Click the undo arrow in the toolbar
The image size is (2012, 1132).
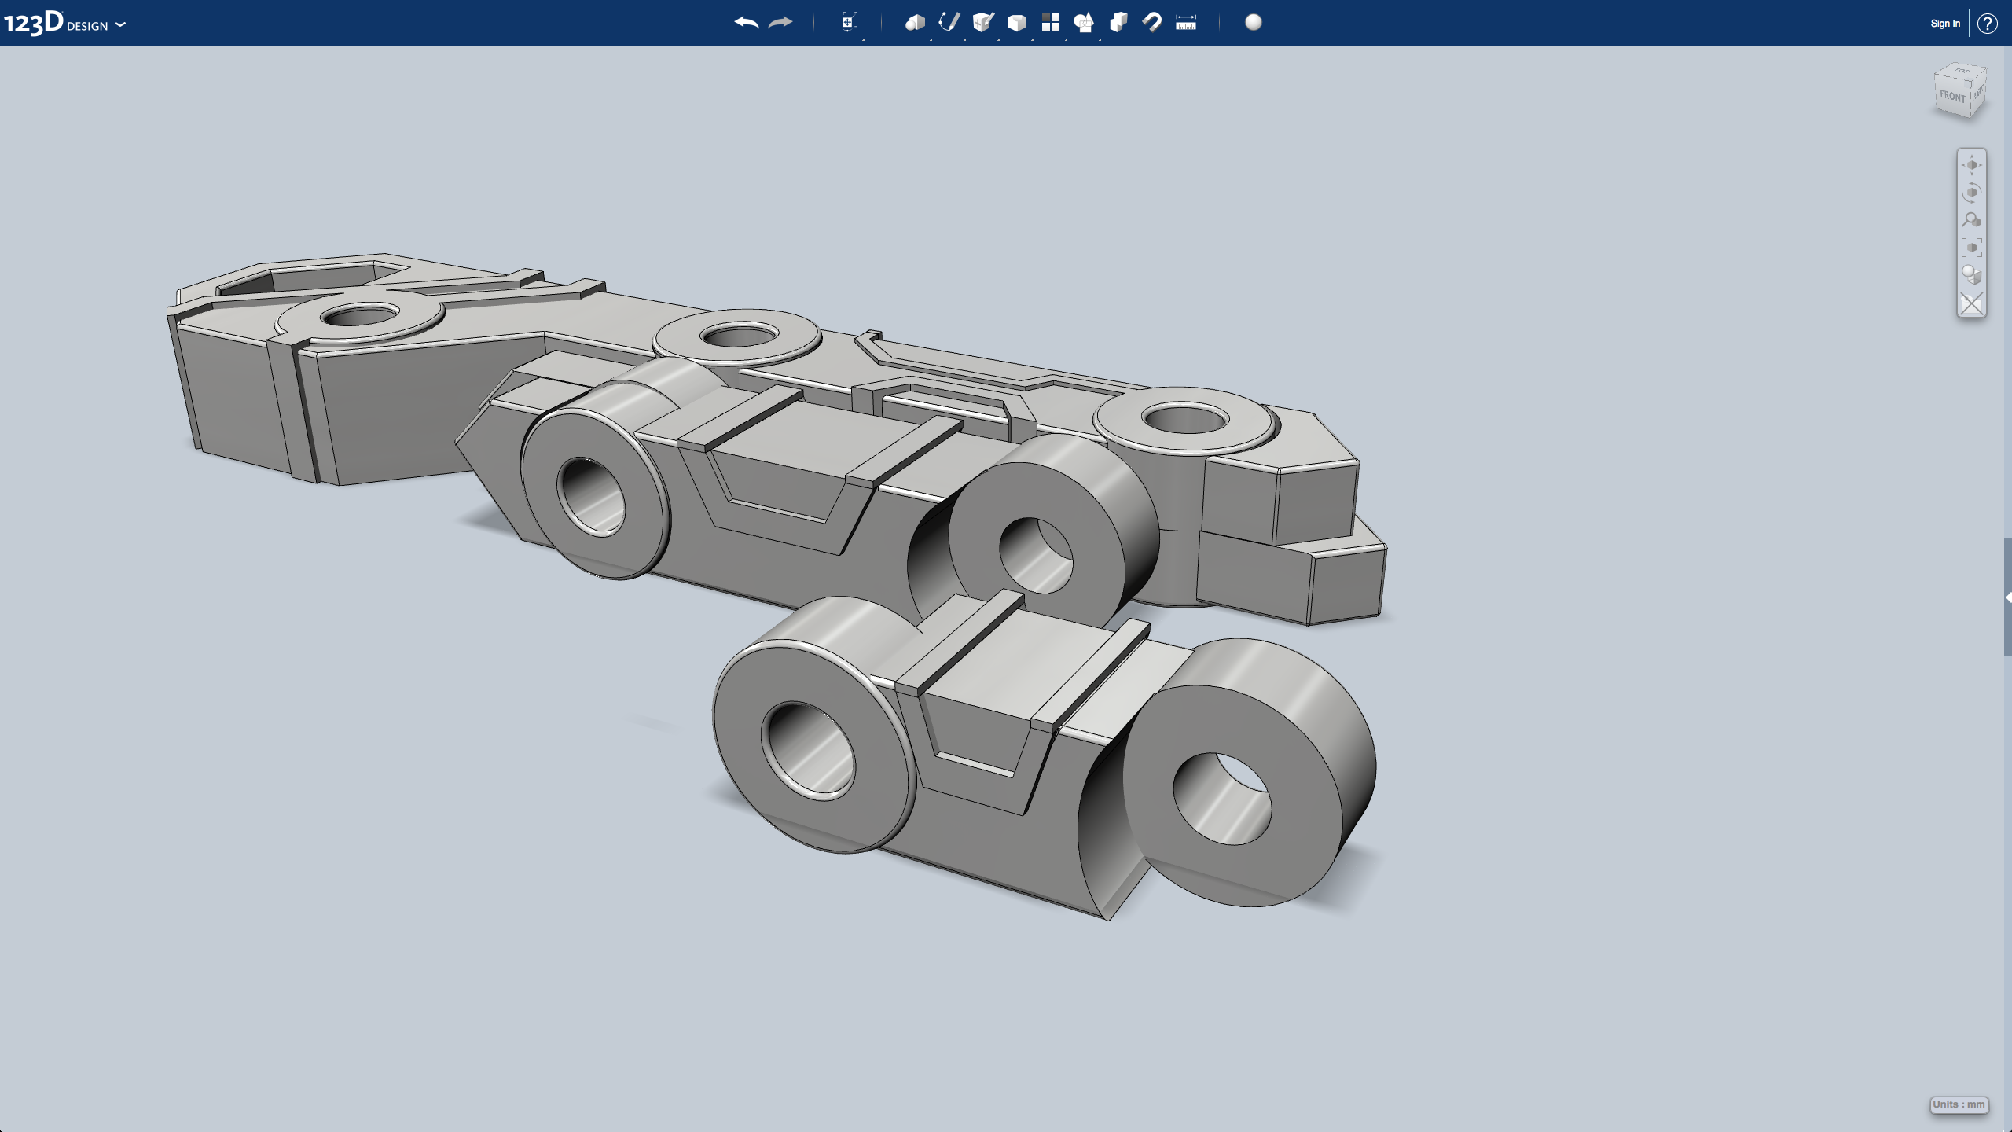(x=746, y=23)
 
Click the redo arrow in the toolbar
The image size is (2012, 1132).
(x=780, y=23)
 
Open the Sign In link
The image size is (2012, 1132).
(x=1944, y=24)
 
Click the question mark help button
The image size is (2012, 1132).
(x=1987, y=24)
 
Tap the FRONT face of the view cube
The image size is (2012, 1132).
(x=1952, y=97)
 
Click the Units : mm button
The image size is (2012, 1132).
(x=1959, y=1104)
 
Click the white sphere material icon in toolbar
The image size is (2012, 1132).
(x=1254, y=23)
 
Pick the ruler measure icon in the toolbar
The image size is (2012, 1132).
(x=1186, y=23)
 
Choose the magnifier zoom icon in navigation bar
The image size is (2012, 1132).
(x=1971, y=221)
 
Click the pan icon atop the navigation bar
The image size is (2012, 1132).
(x=1971, y=165)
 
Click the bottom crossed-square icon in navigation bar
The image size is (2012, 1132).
(x=1971, y=304)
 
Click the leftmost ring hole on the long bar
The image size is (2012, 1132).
(x=360, y=317)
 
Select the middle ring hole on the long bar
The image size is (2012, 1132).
(x=739, y=337)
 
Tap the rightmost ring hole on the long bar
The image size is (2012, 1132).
(x=1185, y=419)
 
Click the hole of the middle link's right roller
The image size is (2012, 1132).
(x=1036, y=554)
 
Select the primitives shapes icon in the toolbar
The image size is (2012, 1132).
(x=915, y=23)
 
